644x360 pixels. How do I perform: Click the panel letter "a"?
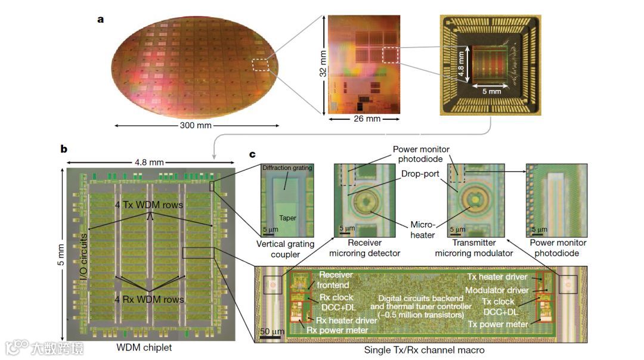pyautogui.click(x=101, y=19)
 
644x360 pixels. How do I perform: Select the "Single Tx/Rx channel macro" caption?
pyautogui.click(x=423, y=350)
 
